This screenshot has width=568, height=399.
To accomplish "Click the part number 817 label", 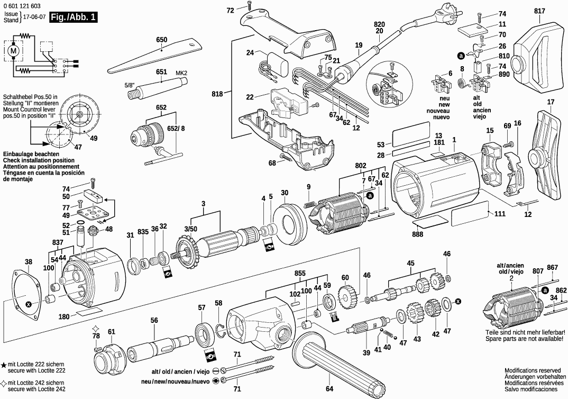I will (x=539, y=11).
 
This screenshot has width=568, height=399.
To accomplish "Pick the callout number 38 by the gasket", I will (x=29, y=261).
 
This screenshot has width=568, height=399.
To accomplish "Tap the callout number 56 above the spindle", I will (x=154, y=320).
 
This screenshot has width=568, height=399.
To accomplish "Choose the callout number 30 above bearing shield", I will (x=285, y=192).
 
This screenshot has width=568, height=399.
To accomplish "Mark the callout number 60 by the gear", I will (x=345, y=278).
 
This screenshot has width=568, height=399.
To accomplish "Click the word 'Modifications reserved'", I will (x=532, y=370).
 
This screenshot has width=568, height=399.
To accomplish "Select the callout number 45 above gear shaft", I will (x=410, y=263).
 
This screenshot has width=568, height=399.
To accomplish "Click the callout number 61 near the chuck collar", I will (x=111, y=332).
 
